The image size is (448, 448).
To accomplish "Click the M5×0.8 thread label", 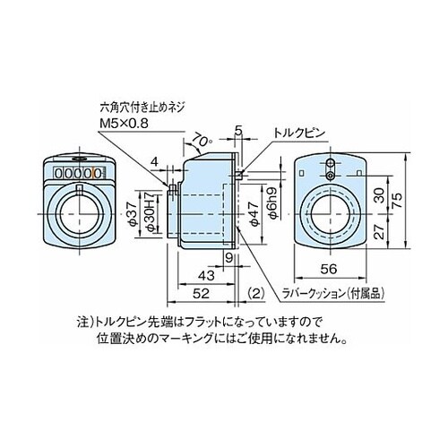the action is tap(124, 124).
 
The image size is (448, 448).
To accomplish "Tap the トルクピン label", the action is tap(298, 133).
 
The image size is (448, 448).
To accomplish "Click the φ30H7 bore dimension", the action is tap(151, 212).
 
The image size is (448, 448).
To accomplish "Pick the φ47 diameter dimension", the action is tap(254, 213).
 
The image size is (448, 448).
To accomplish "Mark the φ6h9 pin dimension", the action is tap(275, 202).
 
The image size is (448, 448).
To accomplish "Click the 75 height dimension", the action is tap(398, 202).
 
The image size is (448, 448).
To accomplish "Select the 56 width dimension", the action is tap(329, 269).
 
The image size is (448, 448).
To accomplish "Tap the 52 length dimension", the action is tap(201, 294).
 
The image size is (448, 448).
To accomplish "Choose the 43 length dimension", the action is tap(206, 275).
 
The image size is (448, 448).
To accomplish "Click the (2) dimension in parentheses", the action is tap(256, 294).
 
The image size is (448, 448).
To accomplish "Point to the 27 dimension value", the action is tap(379, 231).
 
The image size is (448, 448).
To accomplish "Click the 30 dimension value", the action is tap(379, 195).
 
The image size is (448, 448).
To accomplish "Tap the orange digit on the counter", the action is tap(98, 173).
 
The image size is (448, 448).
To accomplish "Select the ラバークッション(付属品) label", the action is tap(332, 294).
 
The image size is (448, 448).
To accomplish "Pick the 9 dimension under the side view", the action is tap(228, 258).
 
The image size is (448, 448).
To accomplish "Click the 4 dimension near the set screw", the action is tap(154, 162).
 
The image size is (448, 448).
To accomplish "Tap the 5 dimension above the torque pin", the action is tap(238, 131).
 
